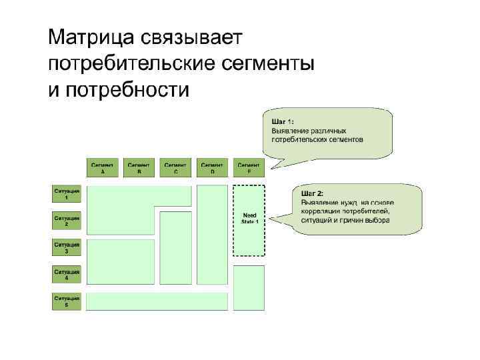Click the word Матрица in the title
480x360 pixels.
91,38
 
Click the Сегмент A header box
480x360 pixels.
103,167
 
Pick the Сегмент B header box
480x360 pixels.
139,167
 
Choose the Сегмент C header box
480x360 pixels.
175,167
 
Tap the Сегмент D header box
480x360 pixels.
212,167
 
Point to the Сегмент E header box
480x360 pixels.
249,167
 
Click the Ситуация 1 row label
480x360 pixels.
67,193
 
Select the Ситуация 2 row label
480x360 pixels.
67,221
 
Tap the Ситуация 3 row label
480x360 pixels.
67,247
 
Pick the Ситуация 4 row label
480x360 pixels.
67,274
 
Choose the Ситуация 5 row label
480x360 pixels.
67,301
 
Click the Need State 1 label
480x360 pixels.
250,218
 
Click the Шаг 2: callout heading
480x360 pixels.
312,193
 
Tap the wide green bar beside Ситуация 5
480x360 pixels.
157,301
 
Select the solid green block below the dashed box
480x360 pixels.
249,287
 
